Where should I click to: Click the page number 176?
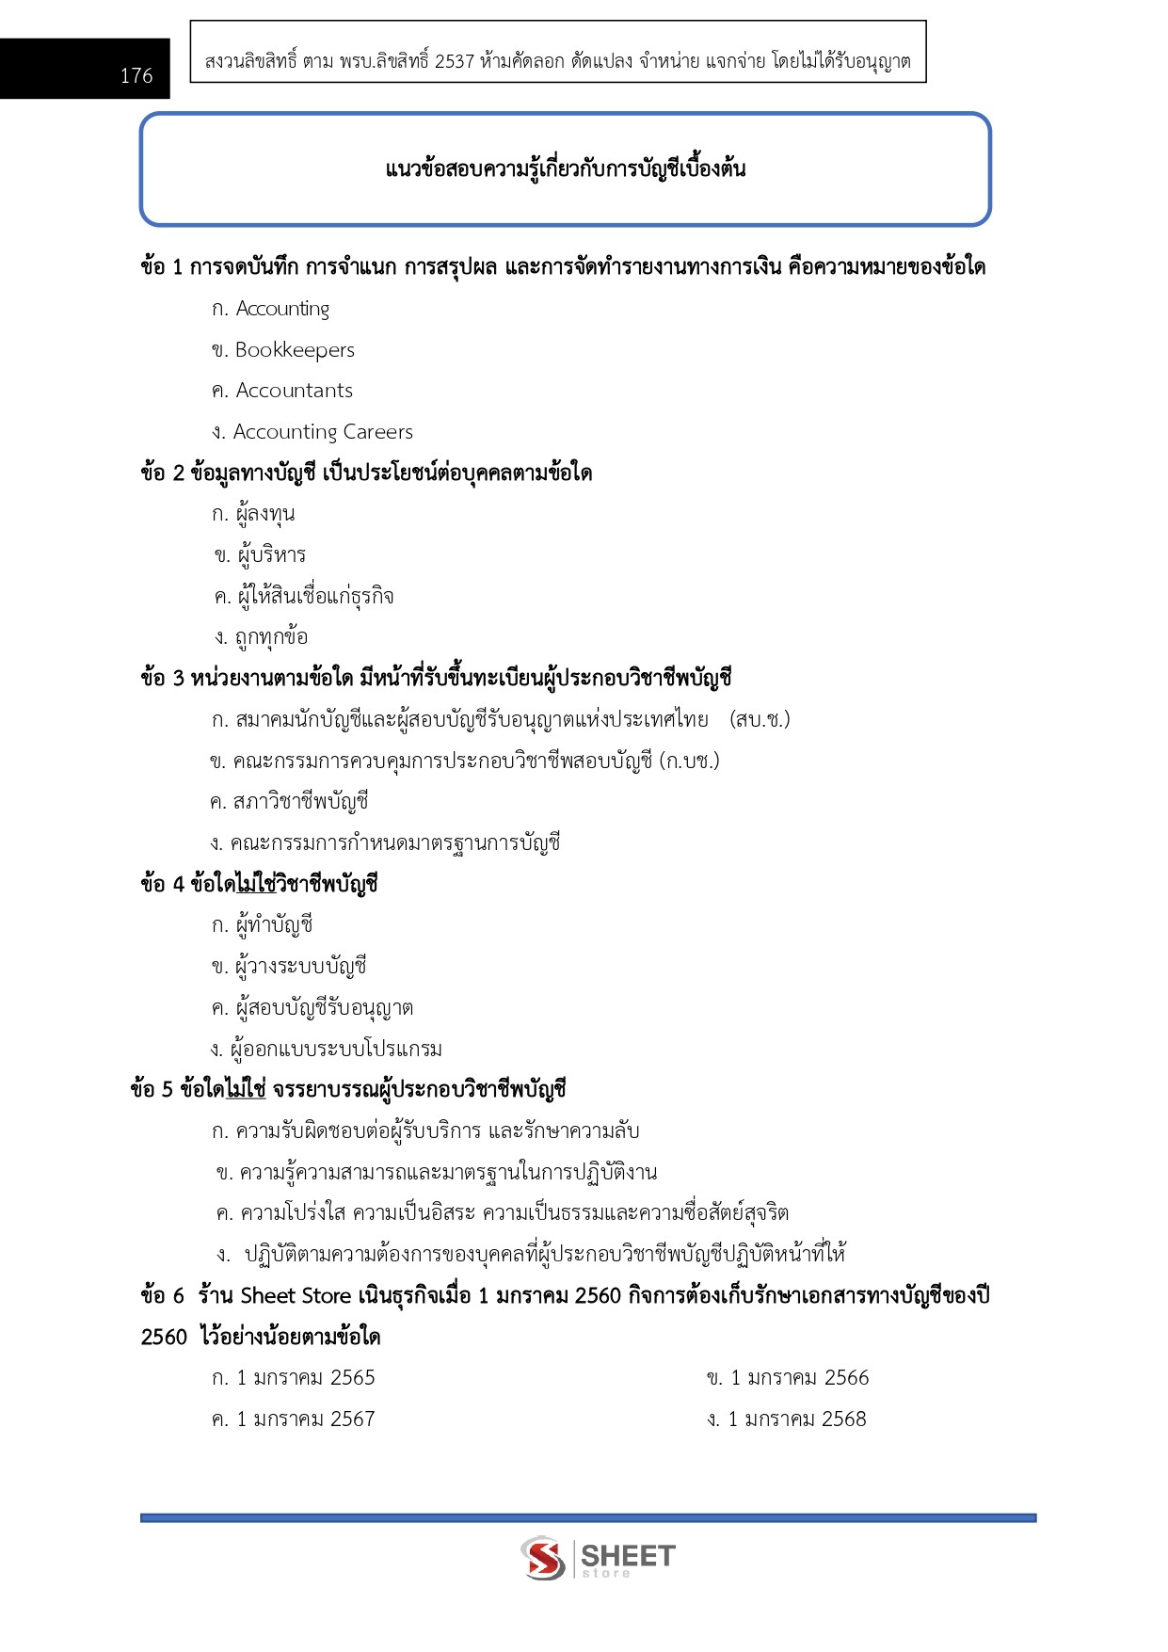(x=136, y=75)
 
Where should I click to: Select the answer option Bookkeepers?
(x=294, y=350)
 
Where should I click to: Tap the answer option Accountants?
(x=294, y=391)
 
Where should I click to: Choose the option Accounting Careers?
(x=322, y=432)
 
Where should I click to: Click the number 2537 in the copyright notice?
(x=455, y=62)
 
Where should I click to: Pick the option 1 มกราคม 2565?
(x=305, y=1378)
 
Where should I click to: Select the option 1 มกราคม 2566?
(x=799, y=1378)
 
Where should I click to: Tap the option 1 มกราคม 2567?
(x=305, y=1419)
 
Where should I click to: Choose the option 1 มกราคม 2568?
(x=796, y=1419)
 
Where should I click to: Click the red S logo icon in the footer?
(x=543, y=1558)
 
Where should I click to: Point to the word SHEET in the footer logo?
(x=628, y=1555)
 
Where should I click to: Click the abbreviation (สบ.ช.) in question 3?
(x=760, y=720)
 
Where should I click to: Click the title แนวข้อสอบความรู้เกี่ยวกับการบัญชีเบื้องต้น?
(x=566, y=169)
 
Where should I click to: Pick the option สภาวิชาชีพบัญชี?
(x=300, y=802)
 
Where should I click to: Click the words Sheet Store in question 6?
(x=296, y=1296)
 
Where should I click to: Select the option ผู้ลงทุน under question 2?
(x=265, y=515)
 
